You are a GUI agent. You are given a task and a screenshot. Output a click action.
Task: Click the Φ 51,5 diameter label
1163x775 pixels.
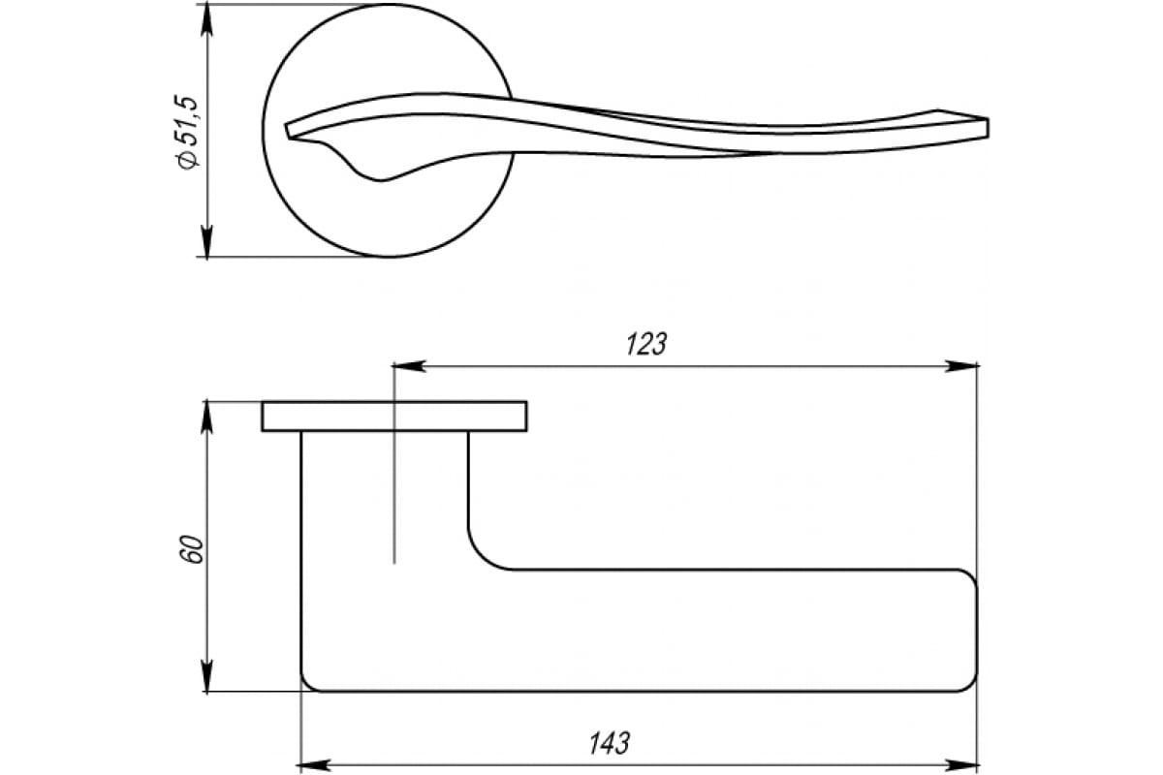click(187, 132)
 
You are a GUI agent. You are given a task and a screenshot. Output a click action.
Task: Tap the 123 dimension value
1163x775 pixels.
click(645, 344)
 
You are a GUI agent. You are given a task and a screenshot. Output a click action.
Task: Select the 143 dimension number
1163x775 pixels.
click(609, 743)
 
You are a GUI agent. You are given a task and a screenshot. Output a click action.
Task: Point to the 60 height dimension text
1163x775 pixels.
click(192, 548)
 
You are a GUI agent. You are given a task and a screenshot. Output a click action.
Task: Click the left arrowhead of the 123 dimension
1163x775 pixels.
click(409, 366)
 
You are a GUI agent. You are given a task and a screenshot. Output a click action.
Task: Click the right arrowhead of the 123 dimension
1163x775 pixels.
click(962, 366)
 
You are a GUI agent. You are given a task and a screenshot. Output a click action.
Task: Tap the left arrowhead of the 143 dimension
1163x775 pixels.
click(314, 765)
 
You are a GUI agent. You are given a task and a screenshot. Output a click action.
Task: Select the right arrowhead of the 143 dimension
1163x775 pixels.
click(961, 765)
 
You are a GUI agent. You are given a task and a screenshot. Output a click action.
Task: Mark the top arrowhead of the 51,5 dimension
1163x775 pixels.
click(206, 20)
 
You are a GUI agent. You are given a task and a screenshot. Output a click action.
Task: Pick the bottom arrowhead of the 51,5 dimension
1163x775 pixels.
click(206, 240)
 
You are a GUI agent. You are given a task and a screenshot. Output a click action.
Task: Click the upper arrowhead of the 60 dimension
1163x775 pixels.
click(206, 417)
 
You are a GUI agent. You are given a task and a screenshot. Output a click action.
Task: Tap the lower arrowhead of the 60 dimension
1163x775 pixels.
click(206, 675)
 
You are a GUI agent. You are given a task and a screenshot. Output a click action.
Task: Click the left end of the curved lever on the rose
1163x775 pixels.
click(289, 130)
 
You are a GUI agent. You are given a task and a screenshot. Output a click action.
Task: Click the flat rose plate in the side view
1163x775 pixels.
click(394, 417)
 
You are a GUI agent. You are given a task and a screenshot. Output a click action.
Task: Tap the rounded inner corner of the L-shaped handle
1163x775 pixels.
click(482, 556)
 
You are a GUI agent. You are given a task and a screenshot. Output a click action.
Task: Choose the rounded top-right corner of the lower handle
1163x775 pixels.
click(970, 576)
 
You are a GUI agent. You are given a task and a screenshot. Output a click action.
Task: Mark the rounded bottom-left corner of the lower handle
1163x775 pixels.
click(307, 686)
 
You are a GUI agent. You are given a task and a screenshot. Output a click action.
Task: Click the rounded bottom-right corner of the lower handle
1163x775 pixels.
click(971, 685)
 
